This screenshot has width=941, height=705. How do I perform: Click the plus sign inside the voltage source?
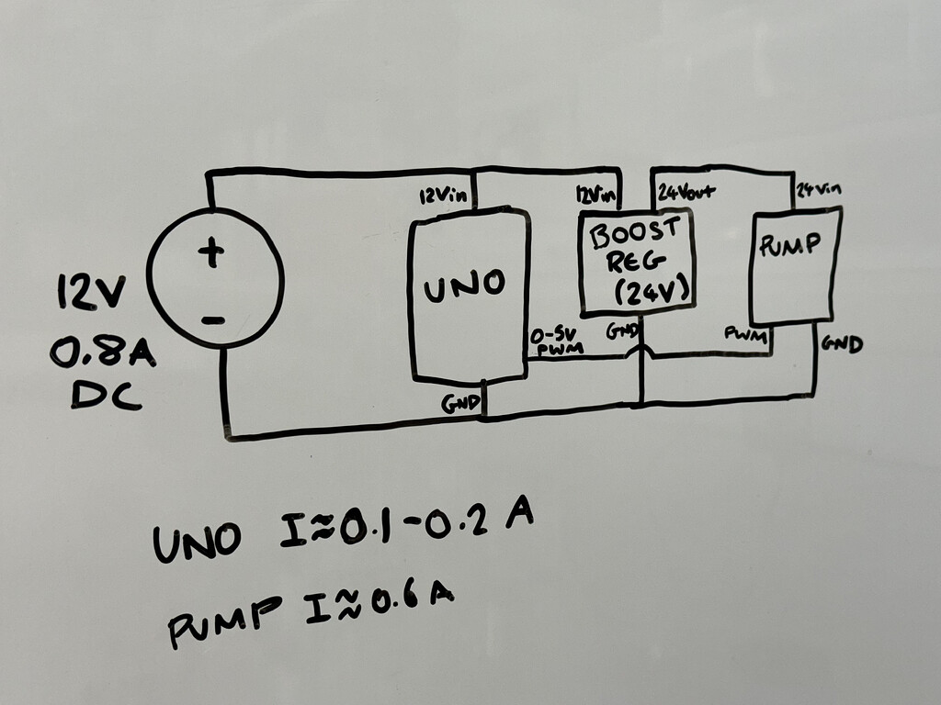(x=211, y=252)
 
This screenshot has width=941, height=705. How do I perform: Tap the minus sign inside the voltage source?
(x=212, y=320)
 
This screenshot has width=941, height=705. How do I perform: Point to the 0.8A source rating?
(x=102, y=352)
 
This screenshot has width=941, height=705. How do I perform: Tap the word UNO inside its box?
(x=464, y=285)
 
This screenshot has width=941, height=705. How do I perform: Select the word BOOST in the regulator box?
(x=635, y=232)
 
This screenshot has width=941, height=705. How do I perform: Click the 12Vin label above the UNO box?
(x=443, y=196)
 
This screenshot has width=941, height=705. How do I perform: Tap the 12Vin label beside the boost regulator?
(x=595, y=196)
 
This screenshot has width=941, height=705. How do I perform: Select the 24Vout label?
(x=686, y=192)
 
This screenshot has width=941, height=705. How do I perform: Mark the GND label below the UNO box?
(x=459, y=403)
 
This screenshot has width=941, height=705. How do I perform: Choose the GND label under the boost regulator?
(x=620, y=331)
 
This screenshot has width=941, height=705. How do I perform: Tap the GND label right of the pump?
(x=842, y=344)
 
